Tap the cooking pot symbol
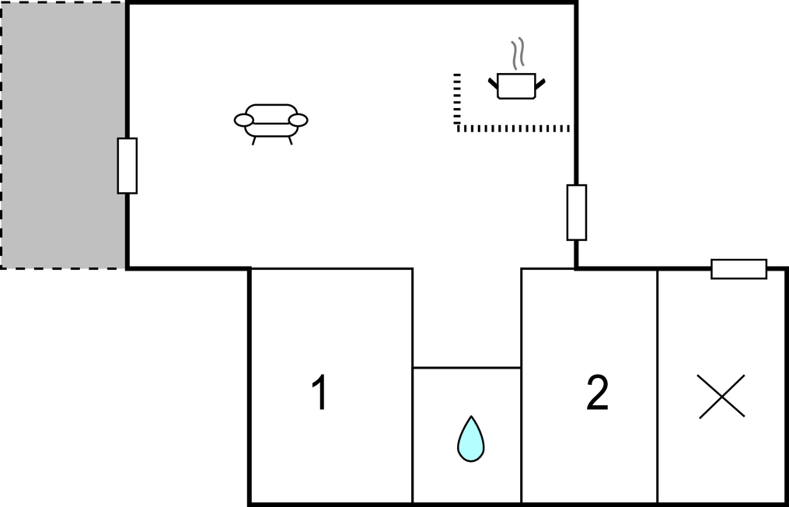[x=516, y=86]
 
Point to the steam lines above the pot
[x=516, y=54]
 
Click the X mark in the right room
[x=721, y=397]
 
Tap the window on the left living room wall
[x=127, y=166]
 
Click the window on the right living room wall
[x=576, y=212]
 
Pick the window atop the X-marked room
[x=738, y=269]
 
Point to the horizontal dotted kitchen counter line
[x=513, y=128]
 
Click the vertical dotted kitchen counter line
[x=457, y=100]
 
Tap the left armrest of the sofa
[x=243, y=120]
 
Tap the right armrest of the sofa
[x=298, y=120]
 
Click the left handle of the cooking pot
[x=493, y=81]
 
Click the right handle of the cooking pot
[x=540, y=81]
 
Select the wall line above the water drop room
[x=466, y=367]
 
